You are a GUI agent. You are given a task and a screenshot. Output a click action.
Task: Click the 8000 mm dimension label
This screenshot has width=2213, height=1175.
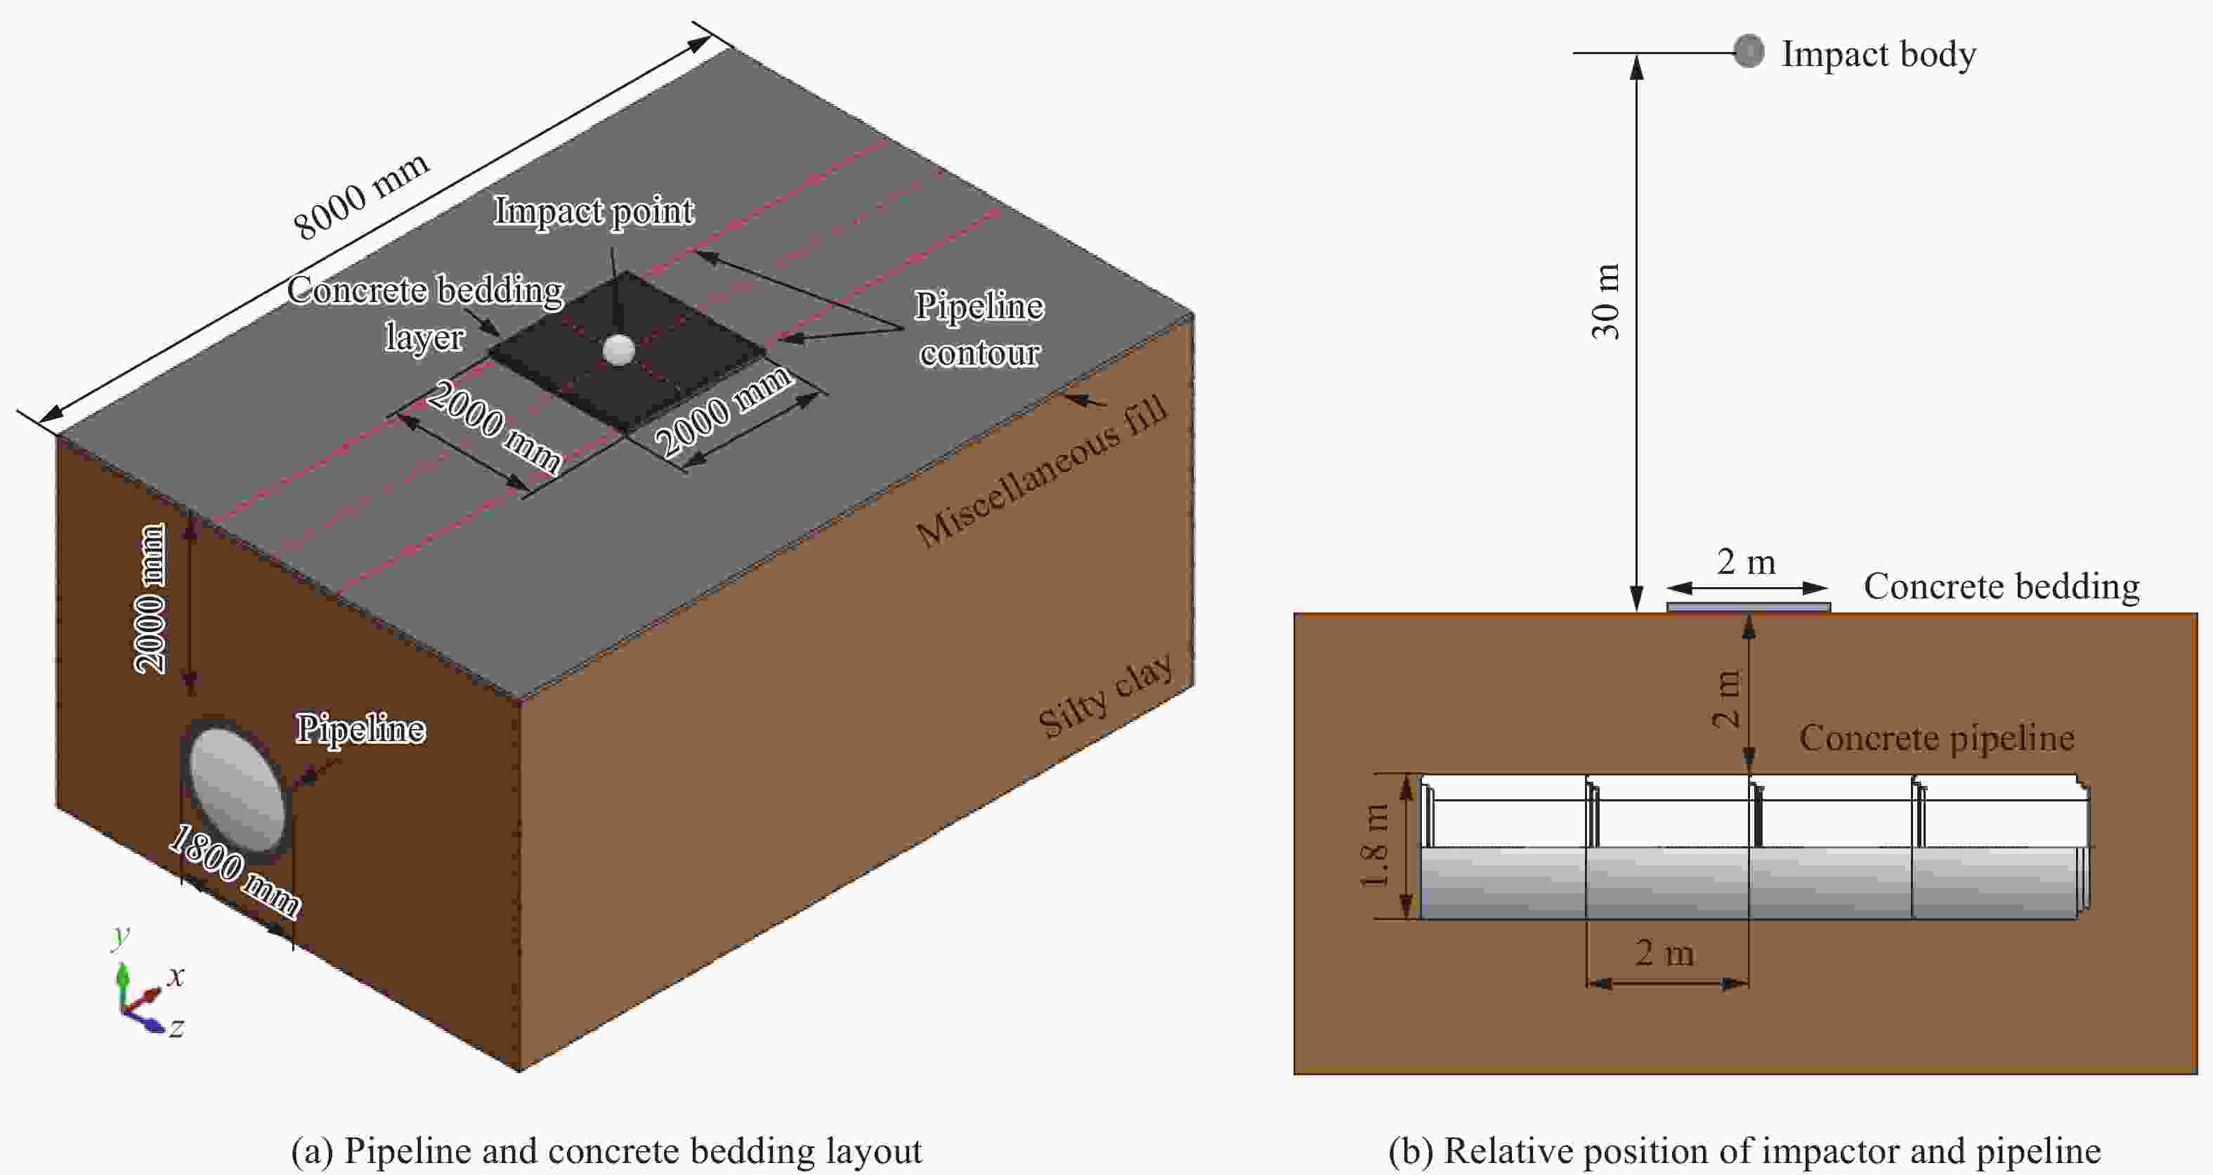(361, 196)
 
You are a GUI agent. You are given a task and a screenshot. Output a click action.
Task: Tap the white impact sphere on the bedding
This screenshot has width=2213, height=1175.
(618, 350)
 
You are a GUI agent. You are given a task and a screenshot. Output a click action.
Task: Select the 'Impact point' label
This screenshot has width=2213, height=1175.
(594, 211)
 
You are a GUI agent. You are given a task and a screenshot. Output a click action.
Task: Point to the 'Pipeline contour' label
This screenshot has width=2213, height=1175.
(979, 329)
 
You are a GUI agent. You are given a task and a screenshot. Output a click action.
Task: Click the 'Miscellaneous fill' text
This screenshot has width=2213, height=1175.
(1041, 471)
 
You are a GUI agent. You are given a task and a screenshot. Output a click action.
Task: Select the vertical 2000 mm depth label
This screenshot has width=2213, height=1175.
(151, 598)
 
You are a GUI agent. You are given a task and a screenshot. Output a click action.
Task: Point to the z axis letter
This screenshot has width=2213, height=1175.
(176, 1028)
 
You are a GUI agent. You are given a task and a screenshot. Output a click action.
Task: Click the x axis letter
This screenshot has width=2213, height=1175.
(176, 976)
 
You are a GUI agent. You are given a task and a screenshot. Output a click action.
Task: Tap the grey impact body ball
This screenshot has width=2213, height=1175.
(1748, 51)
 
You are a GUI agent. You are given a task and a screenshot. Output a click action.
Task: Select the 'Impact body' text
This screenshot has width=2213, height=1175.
(1878, 54)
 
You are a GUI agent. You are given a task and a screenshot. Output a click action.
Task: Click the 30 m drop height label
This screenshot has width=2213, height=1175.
(1605, 301)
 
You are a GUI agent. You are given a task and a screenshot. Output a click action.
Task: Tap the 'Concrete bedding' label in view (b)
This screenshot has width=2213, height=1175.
(2001, 586)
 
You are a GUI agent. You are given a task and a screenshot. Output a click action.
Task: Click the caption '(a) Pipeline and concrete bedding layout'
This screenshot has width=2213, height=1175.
(606, 1151)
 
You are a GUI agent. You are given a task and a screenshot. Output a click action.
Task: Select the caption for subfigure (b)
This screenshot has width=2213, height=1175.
(1744, 1151)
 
